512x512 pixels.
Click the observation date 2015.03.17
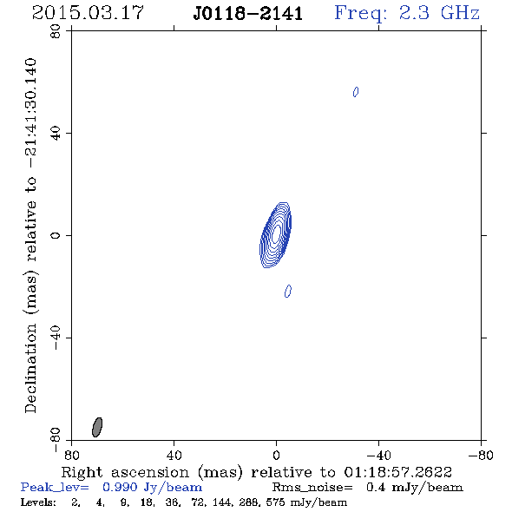click(88, 13)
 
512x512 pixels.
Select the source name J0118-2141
click(248, 13)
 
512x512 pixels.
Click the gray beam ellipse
click(97, 427)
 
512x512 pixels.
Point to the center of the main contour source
click(276, 235)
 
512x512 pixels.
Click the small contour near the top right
click(356, 92)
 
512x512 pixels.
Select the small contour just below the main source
click(288, 291)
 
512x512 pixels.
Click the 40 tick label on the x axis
click(174, 456)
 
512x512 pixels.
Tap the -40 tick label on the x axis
click(378, 456)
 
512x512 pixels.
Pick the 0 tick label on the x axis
click(276, 456)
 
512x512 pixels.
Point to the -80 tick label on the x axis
click(481, 456)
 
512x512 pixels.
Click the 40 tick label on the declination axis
click(56, 134)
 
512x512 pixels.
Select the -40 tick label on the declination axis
click(56, 338)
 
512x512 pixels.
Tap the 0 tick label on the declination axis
click(56, 235)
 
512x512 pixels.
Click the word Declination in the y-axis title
click(30, 369)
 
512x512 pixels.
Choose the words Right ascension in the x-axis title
click(125, 472)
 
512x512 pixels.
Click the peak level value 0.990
click(120, 487)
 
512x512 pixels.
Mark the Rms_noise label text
click(312, 488)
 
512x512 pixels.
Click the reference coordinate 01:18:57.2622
click(398, 472)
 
